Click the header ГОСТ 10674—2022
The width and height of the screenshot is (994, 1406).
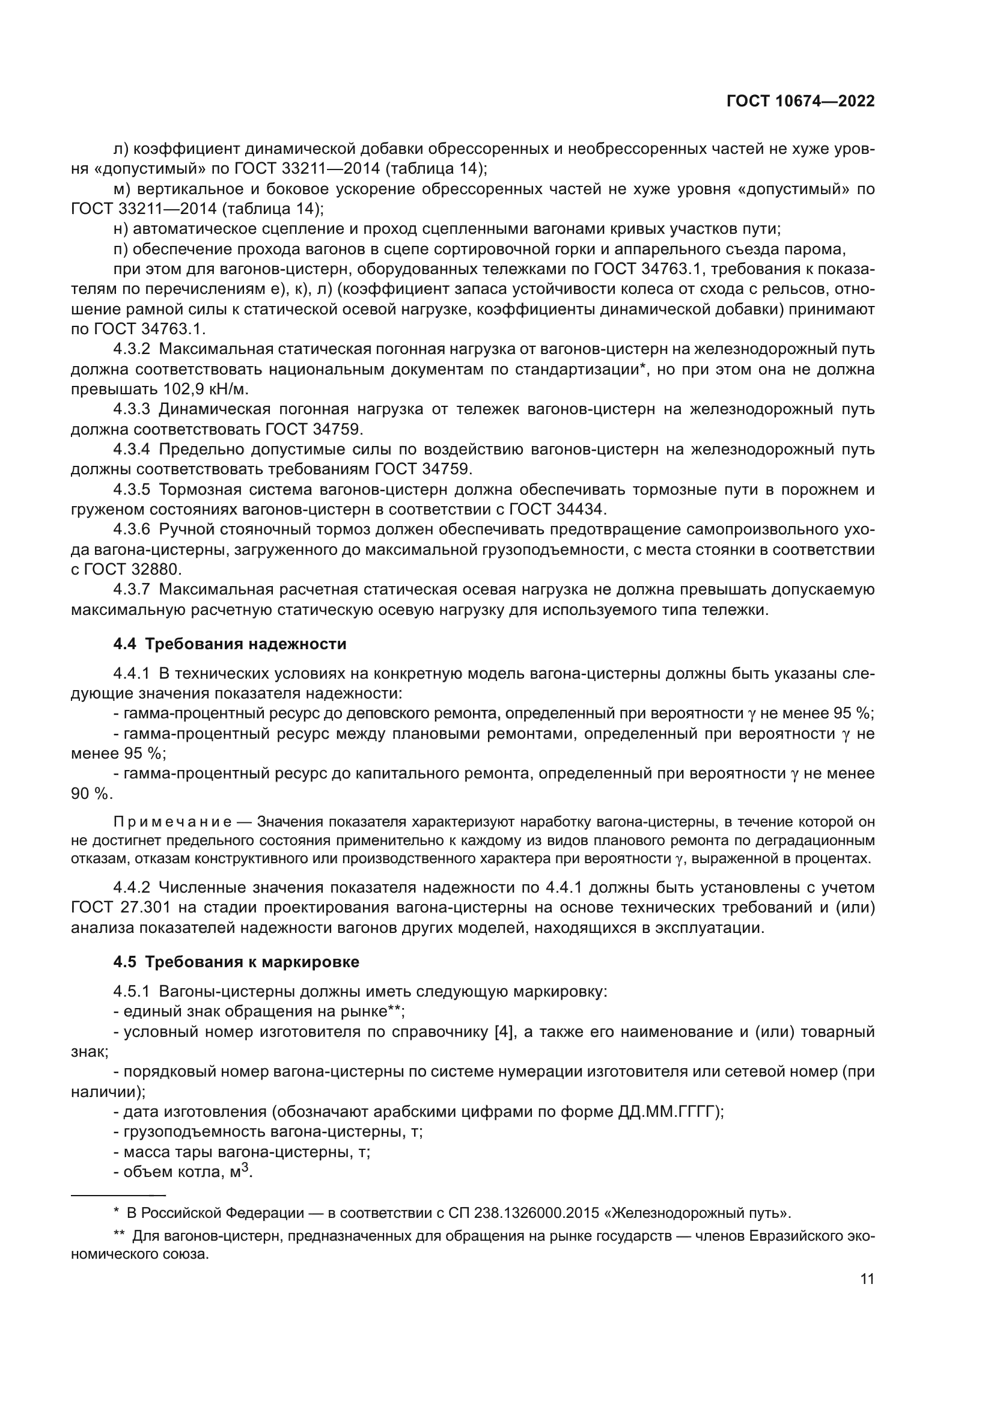(x=800, y=102)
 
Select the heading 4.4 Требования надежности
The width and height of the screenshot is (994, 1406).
(x=230, y=644)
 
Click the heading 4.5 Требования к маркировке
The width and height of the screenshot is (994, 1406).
(x=236, y=961)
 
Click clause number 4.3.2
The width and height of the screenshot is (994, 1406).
(x=132, y=349)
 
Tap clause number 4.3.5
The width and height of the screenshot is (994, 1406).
(x=132, y=490)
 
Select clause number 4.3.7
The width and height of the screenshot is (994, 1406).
(x=132, y=590)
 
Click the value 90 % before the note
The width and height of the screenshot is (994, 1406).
(x=90, y=794)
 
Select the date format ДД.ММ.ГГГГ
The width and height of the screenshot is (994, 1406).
(x=668, y=1111)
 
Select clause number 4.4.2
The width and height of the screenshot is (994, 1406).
(x=132, y=887)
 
